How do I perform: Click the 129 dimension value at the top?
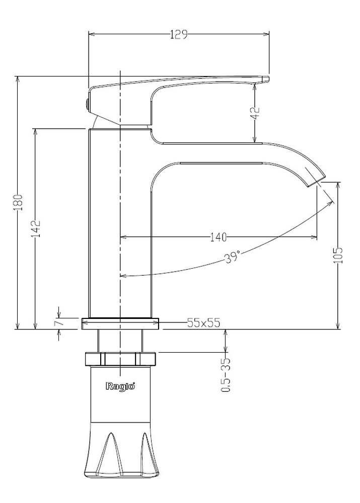tap(178, 35)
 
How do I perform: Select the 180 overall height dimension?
tap(19, 202)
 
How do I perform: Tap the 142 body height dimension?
tap(37, 228)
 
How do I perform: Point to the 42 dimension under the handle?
tap(256, 113)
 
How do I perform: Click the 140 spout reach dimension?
tap(218, 237)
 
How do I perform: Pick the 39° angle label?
tap(233, 257)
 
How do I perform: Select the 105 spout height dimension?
tap(338, 256)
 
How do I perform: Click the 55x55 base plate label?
tap(203, 323)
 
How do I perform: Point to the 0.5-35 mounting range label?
tap(226, 375)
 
